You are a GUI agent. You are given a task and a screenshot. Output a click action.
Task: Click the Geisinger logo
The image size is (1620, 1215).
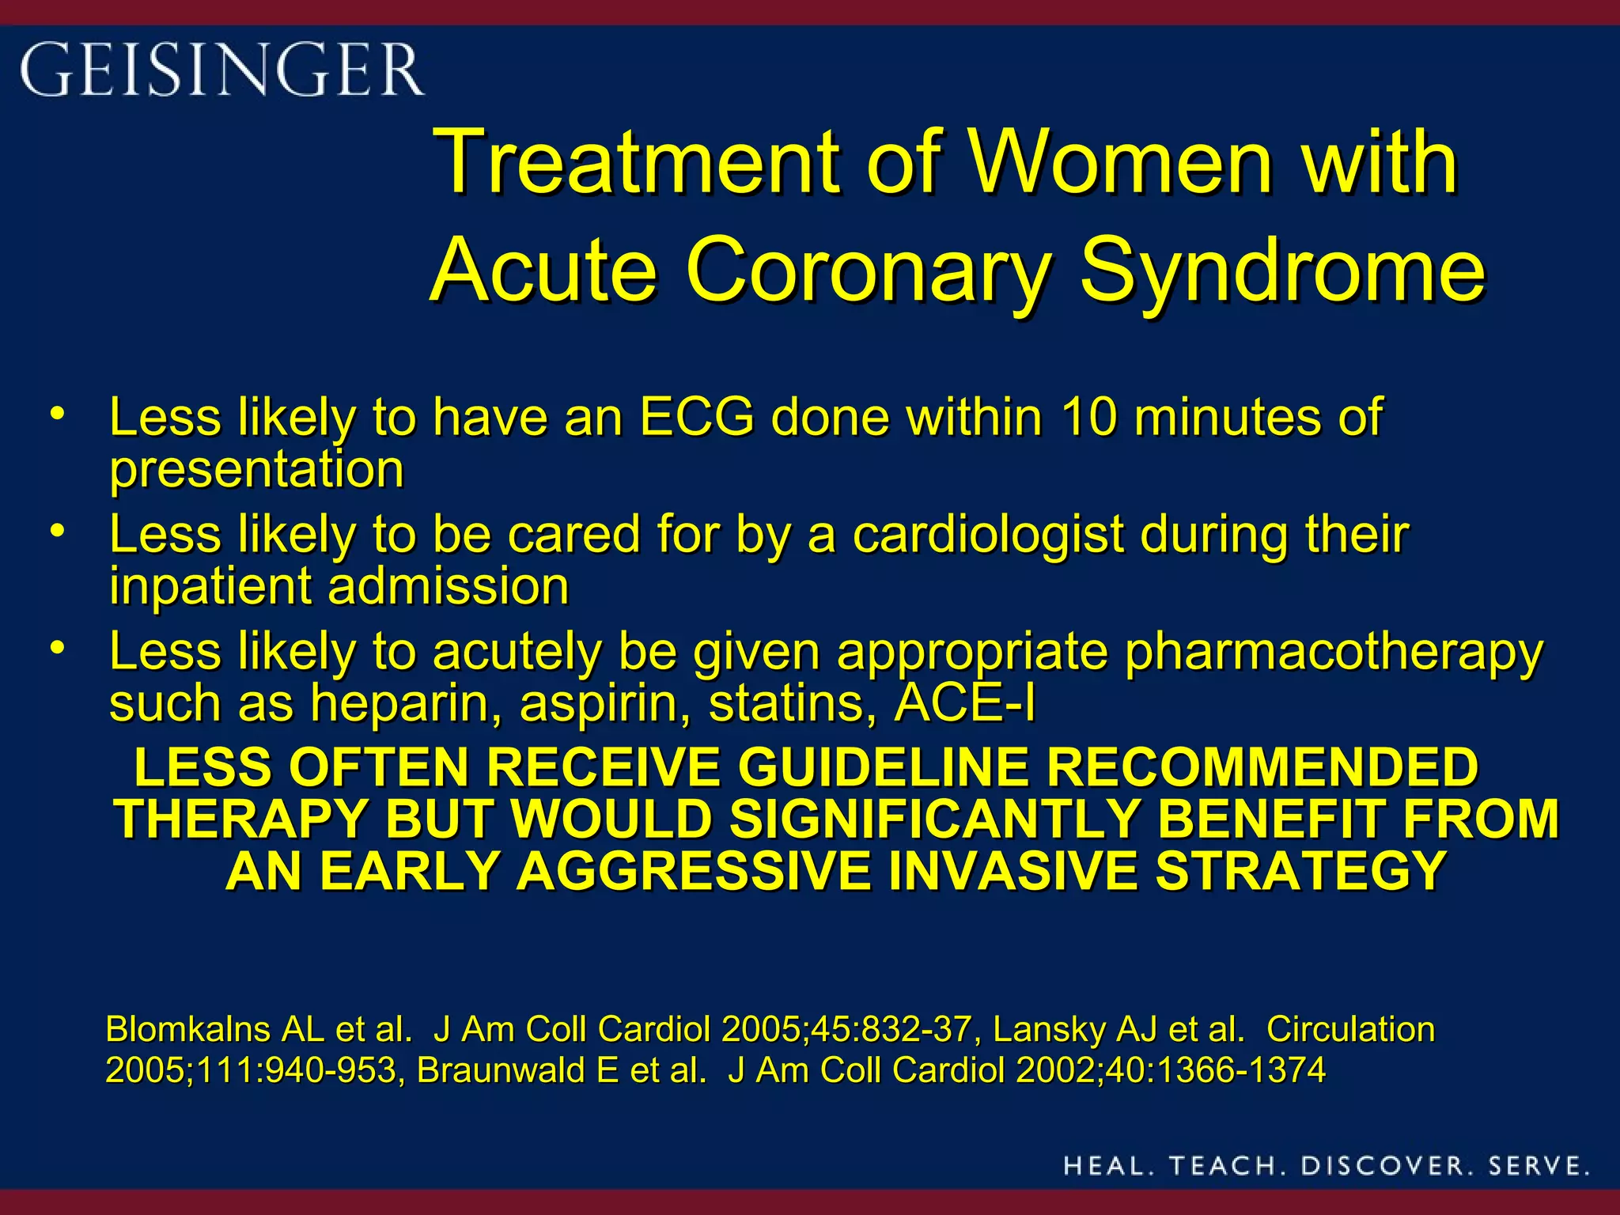[x=221, y=70]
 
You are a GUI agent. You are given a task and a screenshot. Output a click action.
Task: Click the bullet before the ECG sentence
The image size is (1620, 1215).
[x=56, y=414]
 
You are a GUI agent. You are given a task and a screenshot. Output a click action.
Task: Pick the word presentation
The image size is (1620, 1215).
[x=257, y=469]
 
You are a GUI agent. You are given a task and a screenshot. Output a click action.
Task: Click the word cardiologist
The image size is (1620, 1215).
[x=988, y=534]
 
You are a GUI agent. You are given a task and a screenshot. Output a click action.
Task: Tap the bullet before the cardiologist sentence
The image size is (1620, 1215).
[x=56, y=531]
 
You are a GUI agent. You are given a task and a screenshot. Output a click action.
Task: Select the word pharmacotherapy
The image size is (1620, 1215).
[x=1333, y=652]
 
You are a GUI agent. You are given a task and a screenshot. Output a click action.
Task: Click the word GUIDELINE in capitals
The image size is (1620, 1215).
[x=883, y=767]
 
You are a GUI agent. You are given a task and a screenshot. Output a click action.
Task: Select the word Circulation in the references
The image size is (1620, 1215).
[x=1350, y=1030]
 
